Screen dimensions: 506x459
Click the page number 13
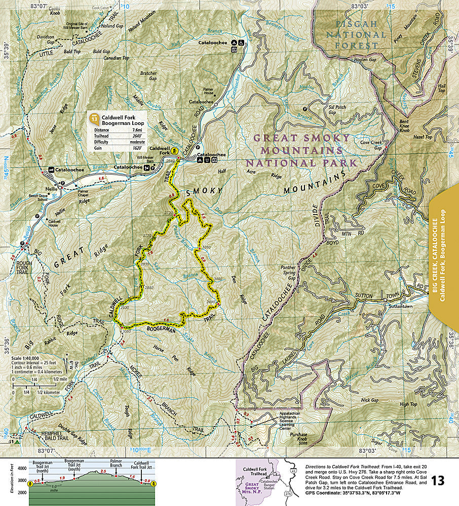tap(438, 480)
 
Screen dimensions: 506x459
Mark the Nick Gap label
tap(369, 400)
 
